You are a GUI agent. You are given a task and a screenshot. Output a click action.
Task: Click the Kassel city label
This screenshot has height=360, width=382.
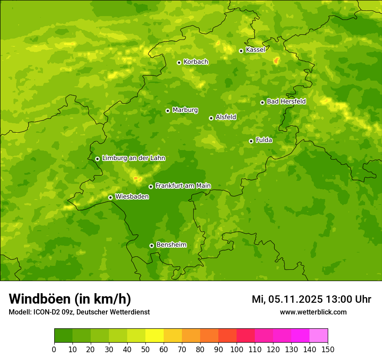(x=255, y=50)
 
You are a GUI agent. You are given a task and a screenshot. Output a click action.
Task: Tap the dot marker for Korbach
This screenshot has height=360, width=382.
(x=179, y=62)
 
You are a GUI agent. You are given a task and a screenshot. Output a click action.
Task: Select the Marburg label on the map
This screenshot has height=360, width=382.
(x=185, y=110)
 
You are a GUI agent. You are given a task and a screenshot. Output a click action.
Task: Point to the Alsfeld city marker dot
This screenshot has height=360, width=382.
(x=211, y=118)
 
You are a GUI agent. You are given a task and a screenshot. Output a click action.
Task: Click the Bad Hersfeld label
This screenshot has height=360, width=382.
(x=286, y=101)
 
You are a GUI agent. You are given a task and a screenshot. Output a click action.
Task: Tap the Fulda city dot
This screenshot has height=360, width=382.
(x=251, y=141)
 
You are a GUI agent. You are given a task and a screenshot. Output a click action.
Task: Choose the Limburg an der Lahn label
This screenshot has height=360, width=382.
(x=133, y=158)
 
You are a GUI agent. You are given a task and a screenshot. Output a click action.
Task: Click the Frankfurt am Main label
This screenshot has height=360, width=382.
(x=183, y=186)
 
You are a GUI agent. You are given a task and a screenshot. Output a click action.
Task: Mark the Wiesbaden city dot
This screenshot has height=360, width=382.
(x=110, y=197)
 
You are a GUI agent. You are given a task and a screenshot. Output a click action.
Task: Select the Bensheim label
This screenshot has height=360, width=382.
(x=171, y=245)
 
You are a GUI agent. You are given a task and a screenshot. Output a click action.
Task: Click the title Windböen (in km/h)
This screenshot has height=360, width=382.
(x=70, y=299)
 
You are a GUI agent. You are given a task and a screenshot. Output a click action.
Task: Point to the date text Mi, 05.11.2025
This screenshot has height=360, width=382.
(x=286, y=299)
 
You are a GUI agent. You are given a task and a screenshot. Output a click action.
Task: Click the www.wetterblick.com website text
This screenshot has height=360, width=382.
(x=313, y=312)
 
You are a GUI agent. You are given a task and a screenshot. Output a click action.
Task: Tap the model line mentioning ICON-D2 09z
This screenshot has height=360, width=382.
(x=79, y=312)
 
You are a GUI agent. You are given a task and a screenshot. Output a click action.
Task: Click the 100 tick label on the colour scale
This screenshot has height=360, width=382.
(x=237, y=349)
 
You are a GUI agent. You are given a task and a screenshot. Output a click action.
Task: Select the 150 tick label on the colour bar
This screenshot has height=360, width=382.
(x=328, y=349)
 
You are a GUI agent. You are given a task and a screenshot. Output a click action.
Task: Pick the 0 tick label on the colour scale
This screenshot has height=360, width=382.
(x=54, y=349)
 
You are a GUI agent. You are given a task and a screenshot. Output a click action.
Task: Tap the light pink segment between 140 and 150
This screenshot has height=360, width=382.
(x=319, y=336)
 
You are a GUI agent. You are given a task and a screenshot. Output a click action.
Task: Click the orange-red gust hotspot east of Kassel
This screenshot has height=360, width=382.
(x=276, y=61)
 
